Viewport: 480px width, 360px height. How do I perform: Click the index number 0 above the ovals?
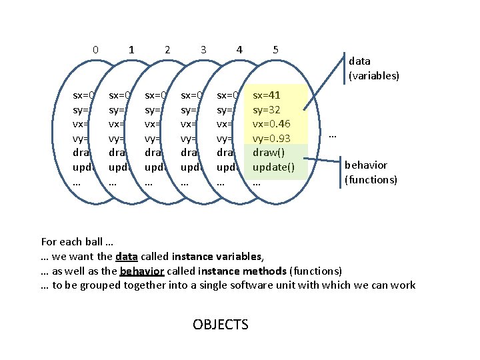[x=96, y=49]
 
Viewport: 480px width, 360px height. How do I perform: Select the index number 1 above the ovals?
[x=131, y=49]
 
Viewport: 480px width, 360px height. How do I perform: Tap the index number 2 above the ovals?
[x=167, y=49]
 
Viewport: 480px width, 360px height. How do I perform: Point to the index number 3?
[x=203, y=49]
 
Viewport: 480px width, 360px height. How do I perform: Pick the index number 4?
[x=239, y=49]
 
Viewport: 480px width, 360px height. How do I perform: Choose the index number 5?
[x=275, y=49]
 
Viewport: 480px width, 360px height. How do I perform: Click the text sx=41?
[x=266, y=95]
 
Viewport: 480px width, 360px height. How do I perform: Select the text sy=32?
[x=266, y=109]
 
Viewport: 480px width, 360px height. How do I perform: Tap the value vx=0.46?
[x=271, y=124]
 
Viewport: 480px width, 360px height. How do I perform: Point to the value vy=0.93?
[x=271, y=139]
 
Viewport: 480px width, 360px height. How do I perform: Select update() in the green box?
[x=273, y=167]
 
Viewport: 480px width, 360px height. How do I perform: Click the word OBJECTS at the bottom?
[x=220, y=325]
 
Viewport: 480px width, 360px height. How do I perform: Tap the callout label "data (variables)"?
[x=373, y=69]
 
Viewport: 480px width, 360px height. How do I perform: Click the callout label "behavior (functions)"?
[x=371, y=172]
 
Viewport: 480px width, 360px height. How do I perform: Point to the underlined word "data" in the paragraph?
[x=126, y=256]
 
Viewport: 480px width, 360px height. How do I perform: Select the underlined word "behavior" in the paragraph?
[x=142, y=271]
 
